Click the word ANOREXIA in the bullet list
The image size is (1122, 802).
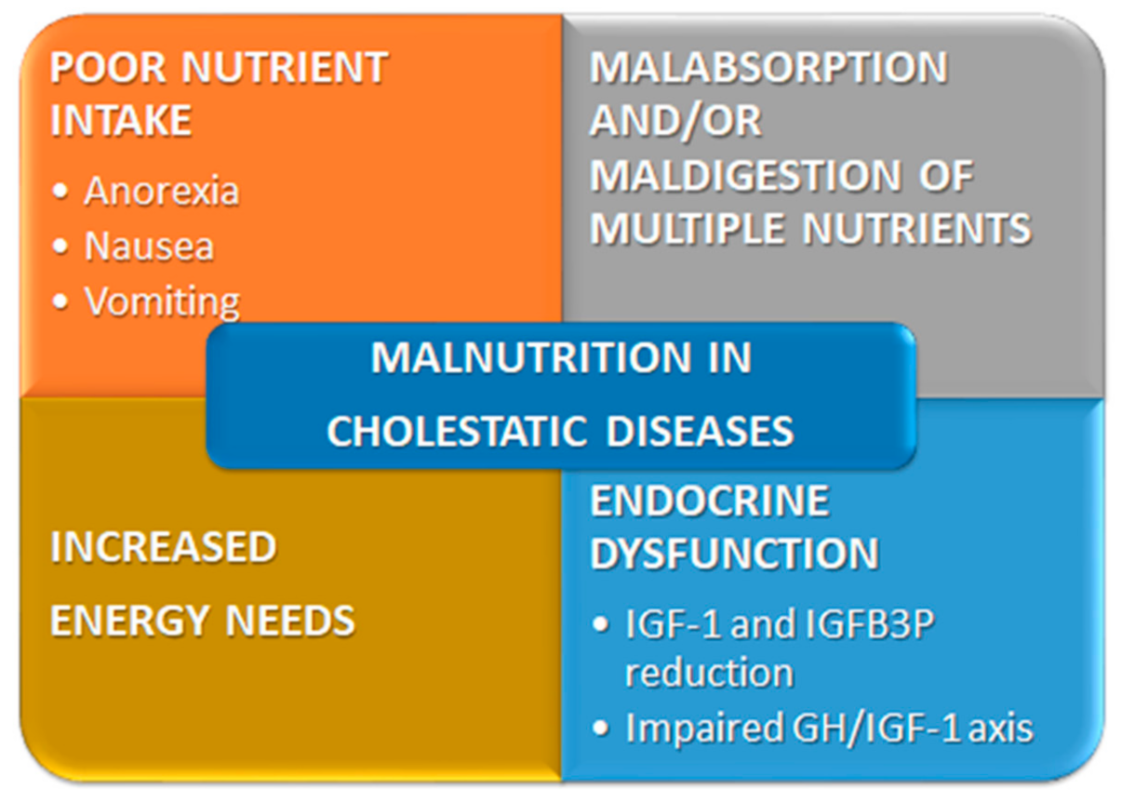point(162,191)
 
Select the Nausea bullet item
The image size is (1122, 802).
point(149,247)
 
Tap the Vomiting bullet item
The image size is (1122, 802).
point(162,301)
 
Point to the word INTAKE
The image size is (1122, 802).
point(121,121)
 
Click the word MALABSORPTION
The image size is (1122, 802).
point(768,67)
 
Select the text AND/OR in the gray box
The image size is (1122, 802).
point(676,121)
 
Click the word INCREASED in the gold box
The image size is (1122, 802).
point(163,547)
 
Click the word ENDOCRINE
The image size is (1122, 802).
point(709,501)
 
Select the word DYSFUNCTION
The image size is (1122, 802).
point(734,555)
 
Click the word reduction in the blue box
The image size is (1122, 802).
point(709,672)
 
